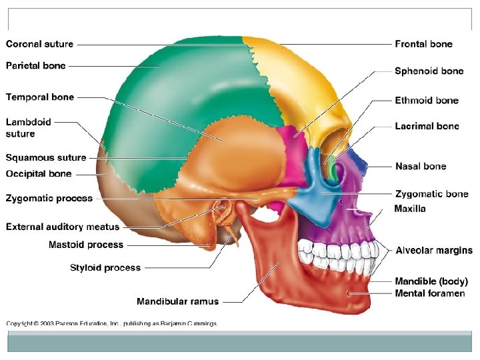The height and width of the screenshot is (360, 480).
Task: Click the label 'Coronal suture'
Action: pyautogui.click(x=40, y=45)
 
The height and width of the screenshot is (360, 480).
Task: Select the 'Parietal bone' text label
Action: pyautogui.click(x=36, y=66)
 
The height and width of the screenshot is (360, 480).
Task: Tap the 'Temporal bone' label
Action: pyautogui.click(x=40, y=97)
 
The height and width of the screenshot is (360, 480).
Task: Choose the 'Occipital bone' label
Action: pyautogui.click(x=39, y=174)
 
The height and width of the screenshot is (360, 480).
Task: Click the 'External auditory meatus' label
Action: pyautogui.click(x=63, y=227)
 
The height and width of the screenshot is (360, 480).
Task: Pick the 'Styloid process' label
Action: pyautogui.click(x=105, y=268)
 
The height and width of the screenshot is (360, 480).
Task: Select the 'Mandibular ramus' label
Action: pyautogui.click(x=177, y=301)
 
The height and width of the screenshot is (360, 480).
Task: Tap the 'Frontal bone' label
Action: pyautogui.click(x=423, y=45)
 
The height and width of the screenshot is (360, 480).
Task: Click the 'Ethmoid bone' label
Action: pyautogui.click(x=427, y=101)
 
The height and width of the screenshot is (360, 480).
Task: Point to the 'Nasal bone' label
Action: pyautogui.click(x=421, y=166)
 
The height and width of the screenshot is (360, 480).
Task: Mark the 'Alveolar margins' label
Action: pyautogui.click(x=434, y=251)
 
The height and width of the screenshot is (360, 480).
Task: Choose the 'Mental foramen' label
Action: pyautogui.click(x=430, y=293)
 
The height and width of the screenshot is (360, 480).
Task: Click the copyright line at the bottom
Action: pyautogui.click(x=111, y=324)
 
